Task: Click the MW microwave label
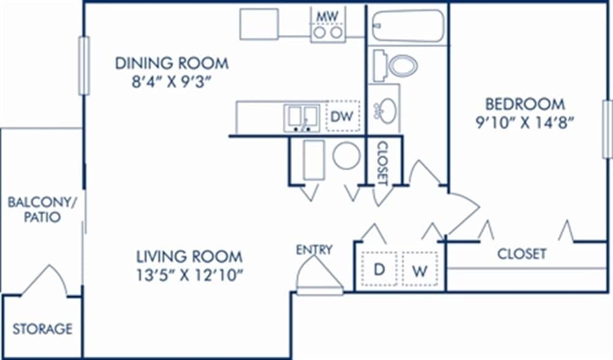(x=327, y=14)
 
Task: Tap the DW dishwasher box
(x=343, y=117)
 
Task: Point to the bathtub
(x=407, y=26)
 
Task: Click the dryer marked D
(x=379, y=269)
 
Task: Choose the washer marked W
(x=420, y=270)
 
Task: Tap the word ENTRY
(x=314, y=250)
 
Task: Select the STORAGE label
(x=42, y=328)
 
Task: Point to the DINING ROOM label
(x=172, y=63)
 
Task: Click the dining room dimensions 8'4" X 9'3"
(x=172, y=82)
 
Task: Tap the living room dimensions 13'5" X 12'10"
(x=189, y=274)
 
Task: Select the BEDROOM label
(x=525, y=103)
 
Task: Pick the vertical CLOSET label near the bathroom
(x=383, y=163)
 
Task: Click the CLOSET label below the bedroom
(x=522, y=253)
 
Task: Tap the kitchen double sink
(x=301, y=118)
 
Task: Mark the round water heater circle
(x=346, y=156)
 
